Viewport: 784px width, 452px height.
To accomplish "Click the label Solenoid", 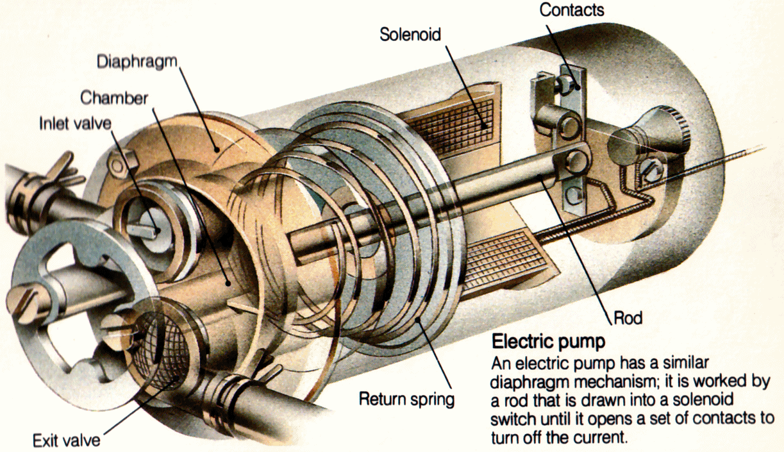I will click(410, 33).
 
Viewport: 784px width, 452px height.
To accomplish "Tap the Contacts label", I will click(571, 10).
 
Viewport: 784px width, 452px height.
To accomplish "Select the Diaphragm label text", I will click(136, 62).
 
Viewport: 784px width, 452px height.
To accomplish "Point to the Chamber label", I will click(114, 98).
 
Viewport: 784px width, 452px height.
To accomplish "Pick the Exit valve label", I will click(67, 440).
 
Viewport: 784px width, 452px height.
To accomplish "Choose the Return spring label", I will click(406, 399).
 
